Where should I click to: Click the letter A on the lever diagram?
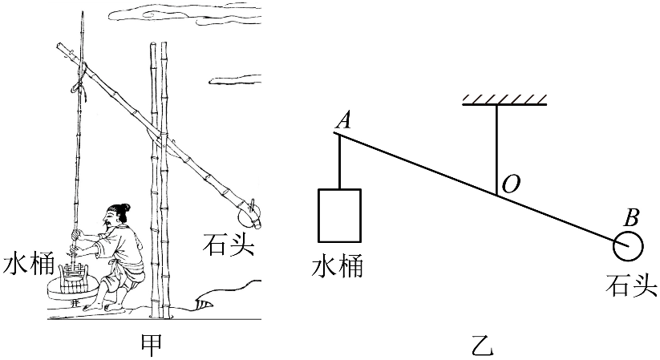tap(344, 120)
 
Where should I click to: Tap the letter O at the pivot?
tap(510, 184)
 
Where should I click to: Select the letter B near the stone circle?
tap(631, 216)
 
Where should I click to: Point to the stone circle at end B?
tap(628, 245)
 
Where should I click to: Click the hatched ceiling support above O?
tap(504, 100)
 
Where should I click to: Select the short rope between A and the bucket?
tap(339, 161)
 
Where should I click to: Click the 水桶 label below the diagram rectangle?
tap(337, 265)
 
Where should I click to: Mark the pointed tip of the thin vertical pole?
tap(83, 14)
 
